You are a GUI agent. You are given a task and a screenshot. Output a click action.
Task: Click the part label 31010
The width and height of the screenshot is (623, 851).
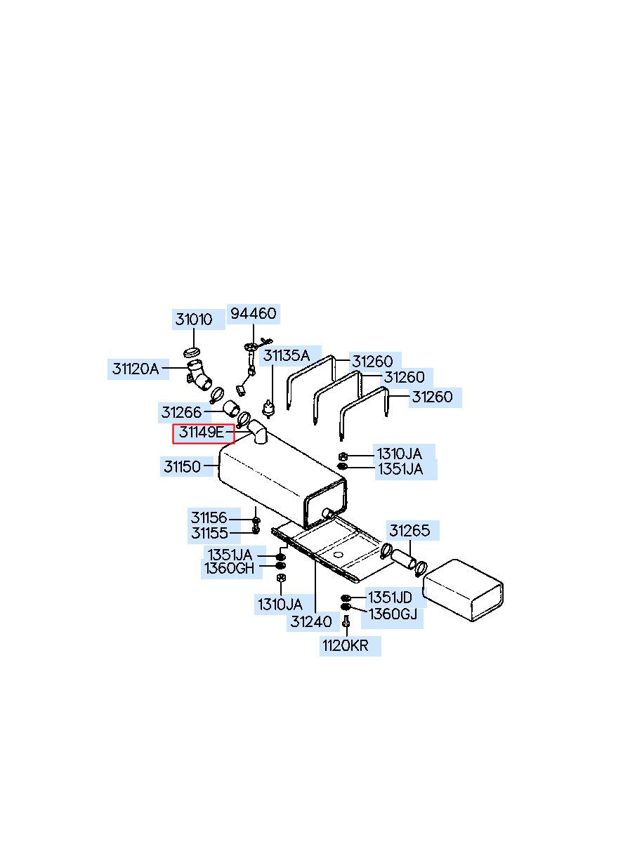tap(194, 319)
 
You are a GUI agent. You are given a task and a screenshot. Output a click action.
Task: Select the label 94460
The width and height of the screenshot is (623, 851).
tap(254, 313)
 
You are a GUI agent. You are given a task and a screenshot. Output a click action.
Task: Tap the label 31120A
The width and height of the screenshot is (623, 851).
tap(136, 368)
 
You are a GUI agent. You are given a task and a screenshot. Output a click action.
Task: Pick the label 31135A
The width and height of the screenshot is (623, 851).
tap(287, 356)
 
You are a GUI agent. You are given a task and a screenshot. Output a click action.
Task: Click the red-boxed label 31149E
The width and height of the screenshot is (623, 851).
tap(202, 433)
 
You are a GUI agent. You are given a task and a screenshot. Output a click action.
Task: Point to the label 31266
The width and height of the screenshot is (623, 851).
tap(181, 412)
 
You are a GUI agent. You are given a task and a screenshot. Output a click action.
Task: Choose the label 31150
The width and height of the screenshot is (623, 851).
tap(183, 466)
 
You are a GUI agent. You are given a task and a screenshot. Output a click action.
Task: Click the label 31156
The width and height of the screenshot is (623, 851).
tap(209, 518)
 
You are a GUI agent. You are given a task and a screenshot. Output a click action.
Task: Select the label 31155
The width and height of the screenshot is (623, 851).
tap(209, 534)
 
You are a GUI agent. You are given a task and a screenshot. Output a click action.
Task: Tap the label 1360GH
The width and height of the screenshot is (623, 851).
tap(230, 568)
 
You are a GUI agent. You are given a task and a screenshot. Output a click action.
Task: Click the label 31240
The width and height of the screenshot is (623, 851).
tap(311, 621)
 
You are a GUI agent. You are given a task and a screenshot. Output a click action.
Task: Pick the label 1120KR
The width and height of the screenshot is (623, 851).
tap(346, 646)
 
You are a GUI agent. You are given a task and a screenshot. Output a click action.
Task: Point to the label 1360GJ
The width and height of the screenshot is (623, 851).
tap(393, 615)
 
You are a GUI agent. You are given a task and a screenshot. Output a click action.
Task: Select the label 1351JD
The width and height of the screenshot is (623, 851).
tap(391, 598)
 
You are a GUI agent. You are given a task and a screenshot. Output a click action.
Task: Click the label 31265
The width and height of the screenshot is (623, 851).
tap(409, 531)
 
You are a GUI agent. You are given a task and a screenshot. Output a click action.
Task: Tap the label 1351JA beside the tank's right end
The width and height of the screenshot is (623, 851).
tap(400, 469)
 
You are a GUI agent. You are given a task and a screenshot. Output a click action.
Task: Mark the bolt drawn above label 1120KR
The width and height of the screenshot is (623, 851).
tap(346, 622)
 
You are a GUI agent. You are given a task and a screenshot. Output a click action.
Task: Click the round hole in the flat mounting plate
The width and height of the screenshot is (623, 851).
tap(339, 555)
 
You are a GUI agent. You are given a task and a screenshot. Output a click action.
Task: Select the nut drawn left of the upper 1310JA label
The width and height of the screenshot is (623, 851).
tap(342, 456)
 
